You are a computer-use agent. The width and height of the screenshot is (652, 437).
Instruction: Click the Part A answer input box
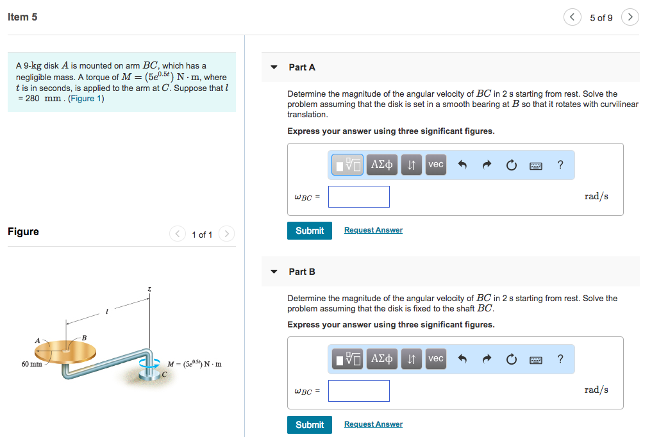coord(358,197)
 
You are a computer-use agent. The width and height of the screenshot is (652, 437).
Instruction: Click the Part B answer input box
coord(358,391)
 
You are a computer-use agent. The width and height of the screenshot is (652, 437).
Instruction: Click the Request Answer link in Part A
coord(373,230)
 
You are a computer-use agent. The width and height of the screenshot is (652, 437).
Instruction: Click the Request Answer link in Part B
coord(373,424)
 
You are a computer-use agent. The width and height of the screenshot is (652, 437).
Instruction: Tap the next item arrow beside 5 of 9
coord(630,17)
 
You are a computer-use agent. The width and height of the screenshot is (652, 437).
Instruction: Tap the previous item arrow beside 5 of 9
coord(572,17)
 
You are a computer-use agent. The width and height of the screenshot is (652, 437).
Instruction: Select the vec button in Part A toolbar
coord(435,165)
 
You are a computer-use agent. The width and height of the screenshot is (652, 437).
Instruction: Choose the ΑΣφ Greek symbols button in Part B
coord(382,359)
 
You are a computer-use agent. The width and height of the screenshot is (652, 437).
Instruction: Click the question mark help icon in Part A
coord(560,165)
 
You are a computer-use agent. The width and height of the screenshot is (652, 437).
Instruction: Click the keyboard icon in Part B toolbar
coord(536,359)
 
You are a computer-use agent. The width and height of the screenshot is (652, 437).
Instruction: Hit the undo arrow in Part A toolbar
coord(462,165)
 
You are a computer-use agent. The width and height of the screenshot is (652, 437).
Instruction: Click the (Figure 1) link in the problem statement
coord(86,98)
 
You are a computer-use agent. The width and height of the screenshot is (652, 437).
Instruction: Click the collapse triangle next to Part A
coord(274,67)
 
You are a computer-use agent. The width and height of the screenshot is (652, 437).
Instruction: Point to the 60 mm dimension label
coord(31,364)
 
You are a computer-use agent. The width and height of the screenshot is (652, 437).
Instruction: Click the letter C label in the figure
coord(164,374)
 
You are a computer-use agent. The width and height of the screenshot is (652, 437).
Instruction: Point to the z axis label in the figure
coord(149,290)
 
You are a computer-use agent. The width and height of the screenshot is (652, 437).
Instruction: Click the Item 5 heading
coord(22,17)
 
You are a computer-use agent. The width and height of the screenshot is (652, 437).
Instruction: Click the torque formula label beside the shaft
coord(194,364)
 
